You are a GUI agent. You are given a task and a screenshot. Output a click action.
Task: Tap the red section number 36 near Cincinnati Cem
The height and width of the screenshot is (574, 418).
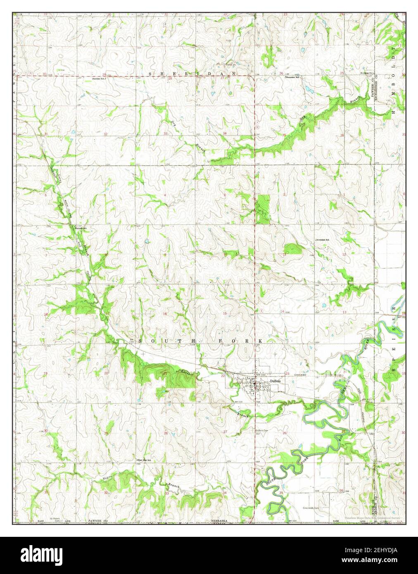pyautogui.click(x=341, y=490)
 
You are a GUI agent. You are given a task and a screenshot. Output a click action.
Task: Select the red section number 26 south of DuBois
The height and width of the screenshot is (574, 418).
pyautogui.click(x=285, y=433)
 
